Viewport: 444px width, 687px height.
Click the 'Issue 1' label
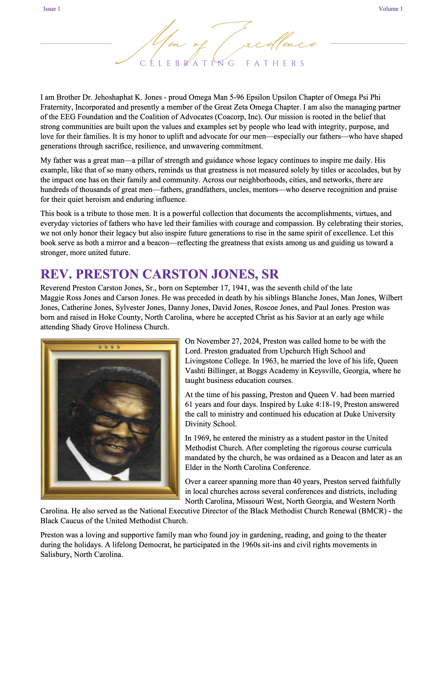point(52,9)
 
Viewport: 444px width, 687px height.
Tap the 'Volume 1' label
point(390,9)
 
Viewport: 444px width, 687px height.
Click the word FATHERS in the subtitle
point(275,63)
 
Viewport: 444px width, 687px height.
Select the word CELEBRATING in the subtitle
point(187,63)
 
